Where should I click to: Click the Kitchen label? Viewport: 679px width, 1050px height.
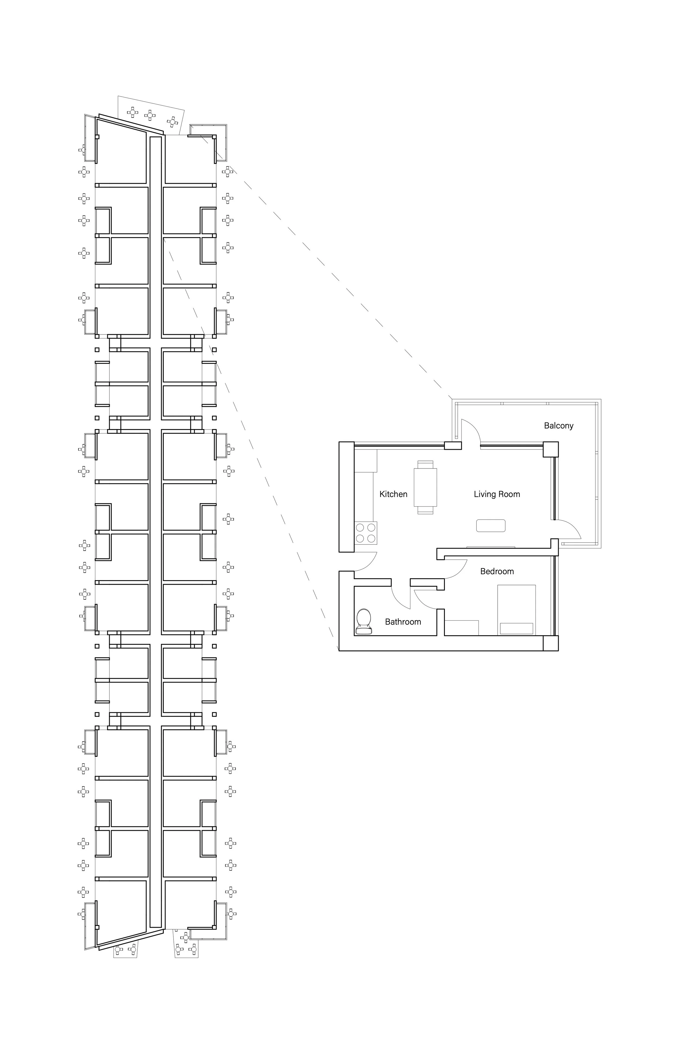coord(393,494)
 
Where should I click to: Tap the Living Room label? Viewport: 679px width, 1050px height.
coord(497,494)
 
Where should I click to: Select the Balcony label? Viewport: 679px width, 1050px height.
coord(559,426)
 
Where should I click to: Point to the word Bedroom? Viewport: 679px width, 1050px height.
coord(497,571)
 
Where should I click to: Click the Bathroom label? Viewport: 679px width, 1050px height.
coord(403,622)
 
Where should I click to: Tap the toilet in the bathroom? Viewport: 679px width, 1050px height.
coord(363,622)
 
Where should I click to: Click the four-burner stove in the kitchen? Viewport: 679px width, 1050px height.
coord(366,533)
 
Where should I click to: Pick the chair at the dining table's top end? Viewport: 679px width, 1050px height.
coord(426,464)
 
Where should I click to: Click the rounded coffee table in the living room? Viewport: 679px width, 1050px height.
coord(491,526)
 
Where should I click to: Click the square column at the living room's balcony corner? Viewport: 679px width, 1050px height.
coord(551,449)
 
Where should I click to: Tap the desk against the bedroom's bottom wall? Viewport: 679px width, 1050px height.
coord(462,627)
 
